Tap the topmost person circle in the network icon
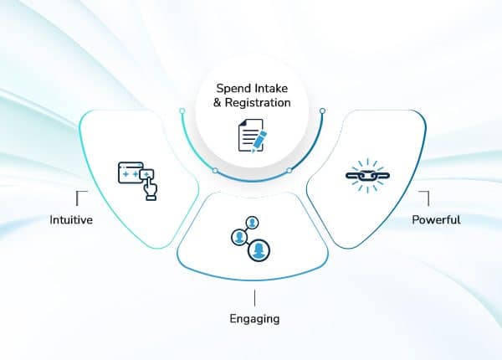coord(251,223)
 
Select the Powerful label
coord(436,220)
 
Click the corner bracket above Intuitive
coord(80,197)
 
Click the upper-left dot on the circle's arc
coord(181,111)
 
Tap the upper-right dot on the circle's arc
coord(322,111)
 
